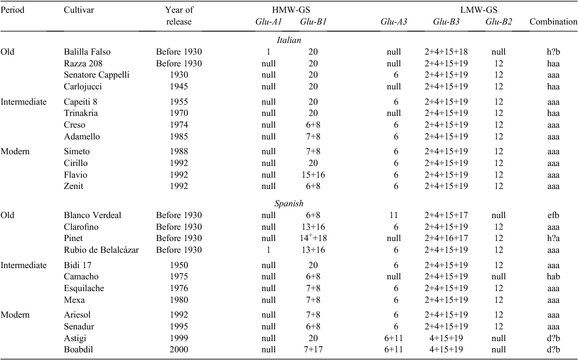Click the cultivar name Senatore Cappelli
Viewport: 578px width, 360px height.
(x=97, y=75)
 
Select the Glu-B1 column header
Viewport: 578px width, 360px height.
(x=313, y=22)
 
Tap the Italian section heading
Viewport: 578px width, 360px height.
(x=289, y=40)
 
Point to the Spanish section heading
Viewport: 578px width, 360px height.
(x=289, y=203)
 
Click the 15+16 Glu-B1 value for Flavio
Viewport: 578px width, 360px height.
(x=313, y=175)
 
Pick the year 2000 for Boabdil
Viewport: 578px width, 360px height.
(x=179, y=349)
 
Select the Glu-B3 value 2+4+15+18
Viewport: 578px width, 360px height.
(x=446, y=52)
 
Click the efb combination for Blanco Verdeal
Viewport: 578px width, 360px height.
(x=553, y=215)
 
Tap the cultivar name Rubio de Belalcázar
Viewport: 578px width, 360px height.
(x=102, y=250)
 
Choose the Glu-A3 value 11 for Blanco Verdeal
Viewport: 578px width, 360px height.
(x=394, y=215)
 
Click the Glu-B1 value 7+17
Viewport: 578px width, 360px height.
(x=313, y=349)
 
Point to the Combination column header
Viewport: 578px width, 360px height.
(x=553, y=22)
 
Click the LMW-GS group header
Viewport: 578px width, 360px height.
(x=478, y=10)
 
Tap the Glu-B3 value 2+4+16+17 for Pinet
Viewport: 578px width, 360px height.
(x=446, y=238)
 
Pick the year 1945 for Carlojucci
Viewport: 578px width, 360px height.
(x=179, y=87)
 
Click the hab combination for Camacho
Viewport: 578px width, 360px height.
(x=553, y=276)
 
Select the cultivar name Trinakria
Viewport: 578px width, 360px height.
(x=81, y=113)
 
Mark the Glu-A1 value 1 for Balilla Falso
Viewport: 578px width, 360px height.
(x=269, y=52)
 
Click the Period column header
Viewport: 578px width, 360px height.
(x=12, y=10)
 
